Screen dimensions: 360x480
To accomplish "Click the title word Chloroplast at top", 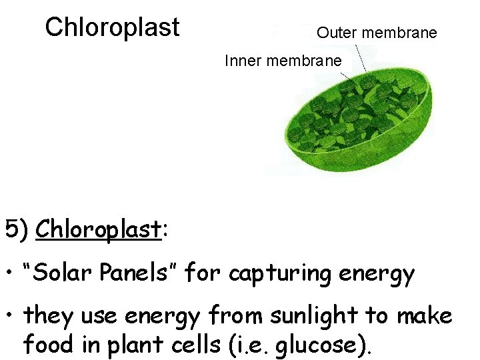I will [x=112, y=27].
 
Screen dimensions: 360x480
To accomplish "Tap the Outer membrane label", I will [x=377, y=32].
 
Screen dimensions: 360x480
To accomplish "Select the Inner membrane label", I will [x=283, y=61].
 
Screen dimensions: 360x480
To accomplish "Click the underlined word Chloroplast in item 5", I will [x=99, y=230].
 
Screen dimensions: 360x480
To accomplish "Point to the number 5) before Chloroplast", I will [x=17, y=230].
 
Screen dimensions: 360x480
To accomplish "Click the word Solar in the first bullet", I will [x=71, y=273].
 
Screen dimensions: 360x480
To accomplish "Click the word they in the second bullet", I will [x=48, y=316].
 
